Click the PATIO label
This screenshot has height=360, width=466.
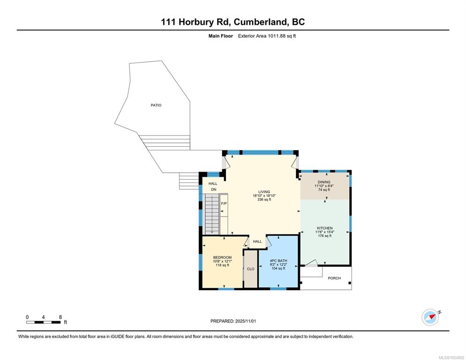[156, 105]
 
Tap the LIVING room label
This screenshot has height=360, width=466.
[264, 192]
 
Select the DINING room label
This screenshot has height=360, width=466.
[324, 182]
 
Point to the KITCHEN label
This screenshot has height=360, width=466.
[325, 228]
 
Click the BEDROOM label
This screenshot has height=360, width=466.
[222, 257]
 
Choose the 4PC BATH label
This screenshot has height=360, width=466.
[278, 261]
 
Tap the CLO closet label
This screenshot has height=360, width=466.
[251, 269]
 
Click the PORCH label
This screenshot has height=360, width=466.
[334, 278]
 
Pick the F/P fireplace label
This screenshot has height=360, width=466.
[224, 203]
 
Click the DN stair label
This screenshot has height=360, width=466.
[214, 190]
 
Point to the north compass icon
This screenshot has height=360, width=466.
[430, 317]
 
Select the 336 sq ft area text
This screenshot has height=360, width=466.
[264, 200]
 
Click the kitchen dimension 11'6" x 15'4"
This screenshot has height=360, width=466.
[325, 232]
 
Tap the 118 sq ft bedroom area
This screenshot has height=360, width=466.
[222, 265]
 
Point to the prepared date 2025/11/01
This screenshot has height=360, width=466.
[246, 321]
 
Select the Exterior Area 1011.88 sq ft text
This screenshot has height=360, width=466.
[267, 36]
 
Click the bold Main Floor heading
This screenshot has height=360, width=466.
[220, 36]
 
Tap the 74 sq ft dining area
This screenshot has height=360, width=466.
[324, 190]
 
